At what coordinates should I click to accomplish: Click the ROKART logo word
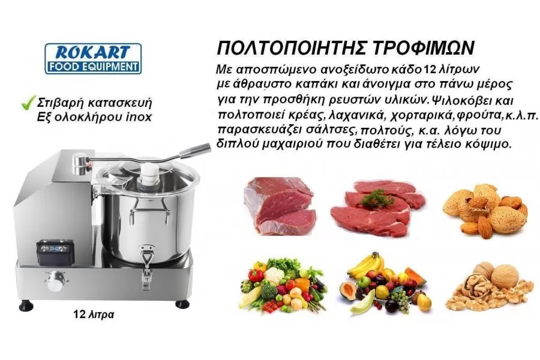pyautogui.click(x=92, y=52)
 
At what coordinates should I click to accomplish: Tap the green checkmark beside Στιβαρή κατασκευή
pyautogui.click(x=29, y=103)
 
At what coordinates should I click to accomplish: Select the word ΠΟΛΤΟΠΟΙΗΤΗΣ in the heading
pyautogui.click(x=292, y=48)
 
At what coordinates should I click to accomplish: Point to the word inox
pyautogui.click(x=139, y=117)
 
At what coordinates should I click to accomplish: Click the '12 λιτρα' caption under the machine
pyautogui.click(x=94, y=314)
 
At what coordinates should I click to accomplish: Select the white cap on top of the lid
pyautogui.click(x=150, y=175)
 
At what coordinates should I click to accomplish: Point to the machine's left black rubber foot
pyautogui.click(x=26, y=305)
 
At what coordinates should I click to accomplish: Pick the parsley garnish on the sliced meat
pyautogui.click(x=378, y=199)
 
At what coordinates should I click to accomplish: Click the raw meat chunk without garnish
pyautogui.click(x=280, y=206)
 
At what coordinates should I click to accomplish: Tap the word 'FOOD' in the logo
pyautogui.click(x=62, y=67)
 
